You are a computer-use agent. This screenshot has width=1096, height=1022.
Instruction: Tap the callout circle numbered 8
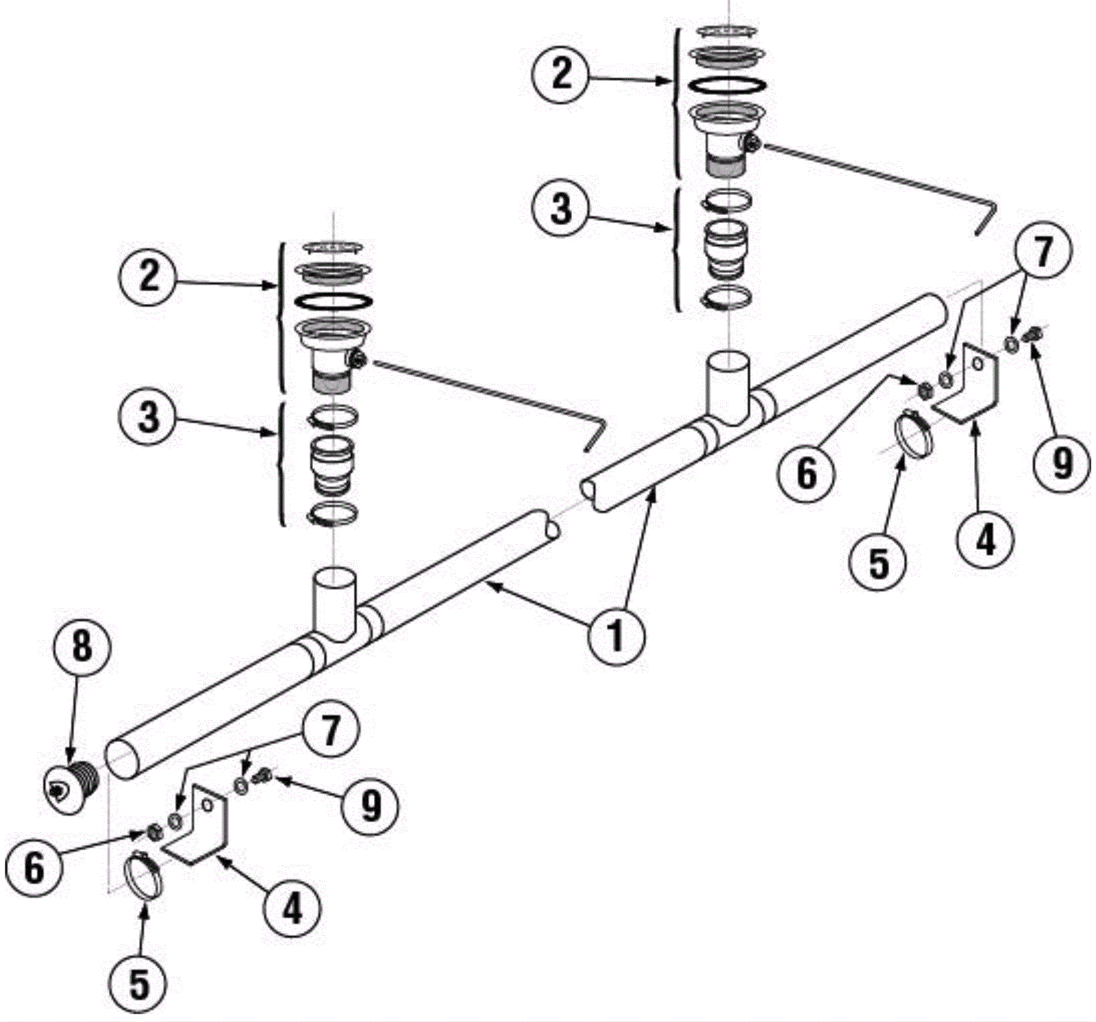[82, 646]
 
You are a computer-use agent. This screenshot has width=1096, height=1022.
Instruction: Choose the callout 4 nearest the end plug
[292, 910]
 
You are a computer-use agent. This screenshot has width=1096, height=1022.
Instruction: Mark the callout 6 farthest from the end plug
[806, 473]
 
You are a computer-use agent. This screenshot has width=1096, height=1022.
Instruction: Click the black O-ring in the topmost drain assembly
[727, 84]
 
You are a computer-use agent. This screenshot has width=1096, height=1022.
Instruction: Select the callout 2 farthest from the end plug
[561, 73]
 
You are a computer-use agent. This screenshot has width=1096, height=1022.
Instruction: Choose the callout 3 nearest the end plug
[149, 417]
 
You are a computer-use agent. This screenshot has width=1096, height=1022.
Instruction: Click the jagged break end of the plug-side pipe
[551, 528]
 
